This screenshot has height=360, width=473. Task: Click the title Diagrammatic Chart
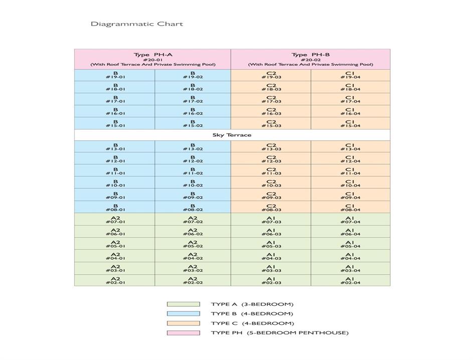tap(137, 24)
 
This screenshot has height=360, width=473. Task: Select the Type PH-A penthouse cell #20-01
tap(152, 59)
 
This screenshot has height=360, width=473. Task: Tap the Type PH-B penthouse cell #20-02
tap(310, 59)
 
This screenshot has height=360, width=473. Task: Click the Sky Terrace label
tap(232, 135)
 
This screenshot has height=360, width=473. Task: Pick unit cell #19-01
tap(115, 75)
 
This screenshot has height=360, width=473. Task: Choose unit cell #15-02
tap(193, 124)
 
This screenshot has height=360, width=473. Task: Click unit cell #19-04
tap(350, 75)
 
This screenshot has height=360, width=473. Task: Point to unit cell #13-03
tap(271, 147)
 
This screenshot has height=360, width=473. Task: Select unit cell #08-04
tap(350, 208)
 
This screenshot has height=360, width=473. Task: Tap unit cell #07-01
tap(115, 220)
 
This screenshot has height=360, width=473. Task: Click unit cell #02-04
tap(350, 281)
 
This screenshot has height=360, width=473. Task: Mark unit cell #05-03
tap(271, 245)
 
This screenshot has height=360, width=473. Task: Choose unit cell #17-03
tap(271, 99)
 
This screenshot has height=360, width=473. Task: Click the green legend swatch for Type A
tap(183, 304)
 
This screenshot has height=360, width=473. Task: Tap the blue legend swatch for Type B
tap(183, 314)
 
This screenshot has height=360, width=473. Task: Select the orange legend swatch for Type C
tap(183, 323)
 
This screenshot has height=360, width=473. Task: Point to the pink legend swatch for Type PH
tap(183, 333)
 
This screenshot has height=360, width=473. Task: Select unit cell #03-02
tap(193, 269)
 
